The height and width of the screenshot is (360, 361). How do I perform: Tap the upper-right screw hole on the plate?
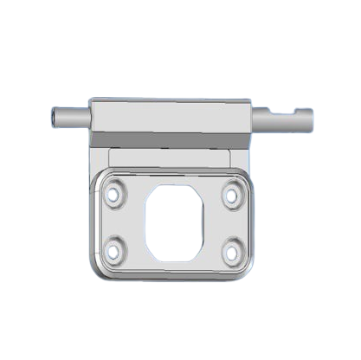232,196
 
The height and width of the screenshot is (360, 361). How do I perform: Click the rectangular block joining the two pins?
173,116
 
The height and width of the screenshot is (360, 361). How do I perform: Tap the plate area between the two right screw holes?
232,224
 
